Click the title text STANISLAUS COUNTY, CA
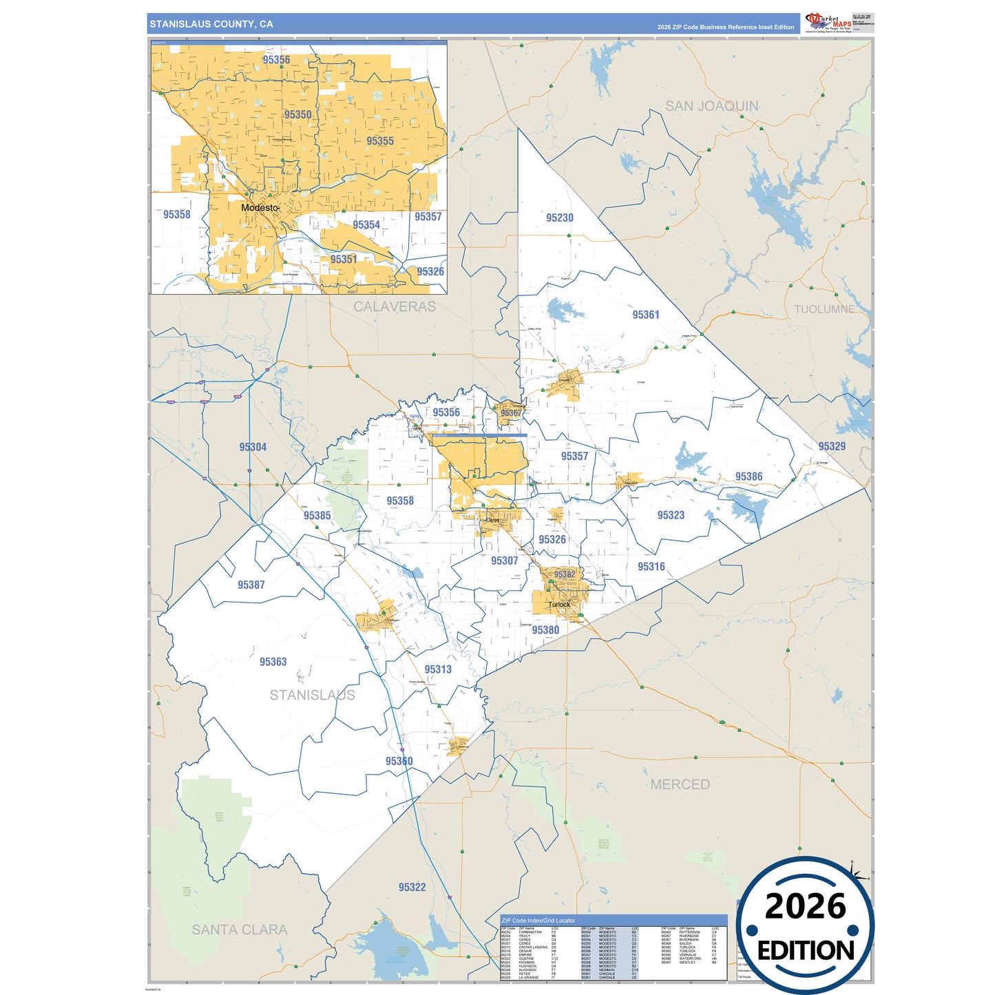[x=211, y=24]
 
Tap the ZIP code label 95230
[x=559, y=218]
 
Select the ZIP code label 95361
[x=645, y=315]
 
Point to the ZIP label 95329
[x=831, y=446]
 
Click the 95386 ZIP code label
[x=748, y=476]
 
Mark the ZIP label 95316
[x=651, y=567]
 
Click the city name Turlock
[x=558, y=605]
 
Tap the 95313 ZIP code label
[x=437, y=669]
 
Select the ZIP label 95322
[x=412, y=887]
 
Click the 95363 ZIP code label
[x=273, y=662]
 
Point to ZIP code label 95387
[x=251, y=585]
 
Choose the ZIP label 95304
[x=253, y=447]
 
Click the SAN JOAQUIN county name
[x=711, y=106]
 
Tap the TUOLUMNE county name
[x=824, y=309]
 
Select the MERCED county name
[x=680, y=784]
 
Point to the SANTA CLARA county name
[x=239, y=930]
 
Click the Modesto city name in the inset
[x=260, y=207]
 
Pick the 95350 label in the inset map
[x=297, y=114]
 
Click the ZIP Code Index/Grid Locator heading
[x=538, y=920]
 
